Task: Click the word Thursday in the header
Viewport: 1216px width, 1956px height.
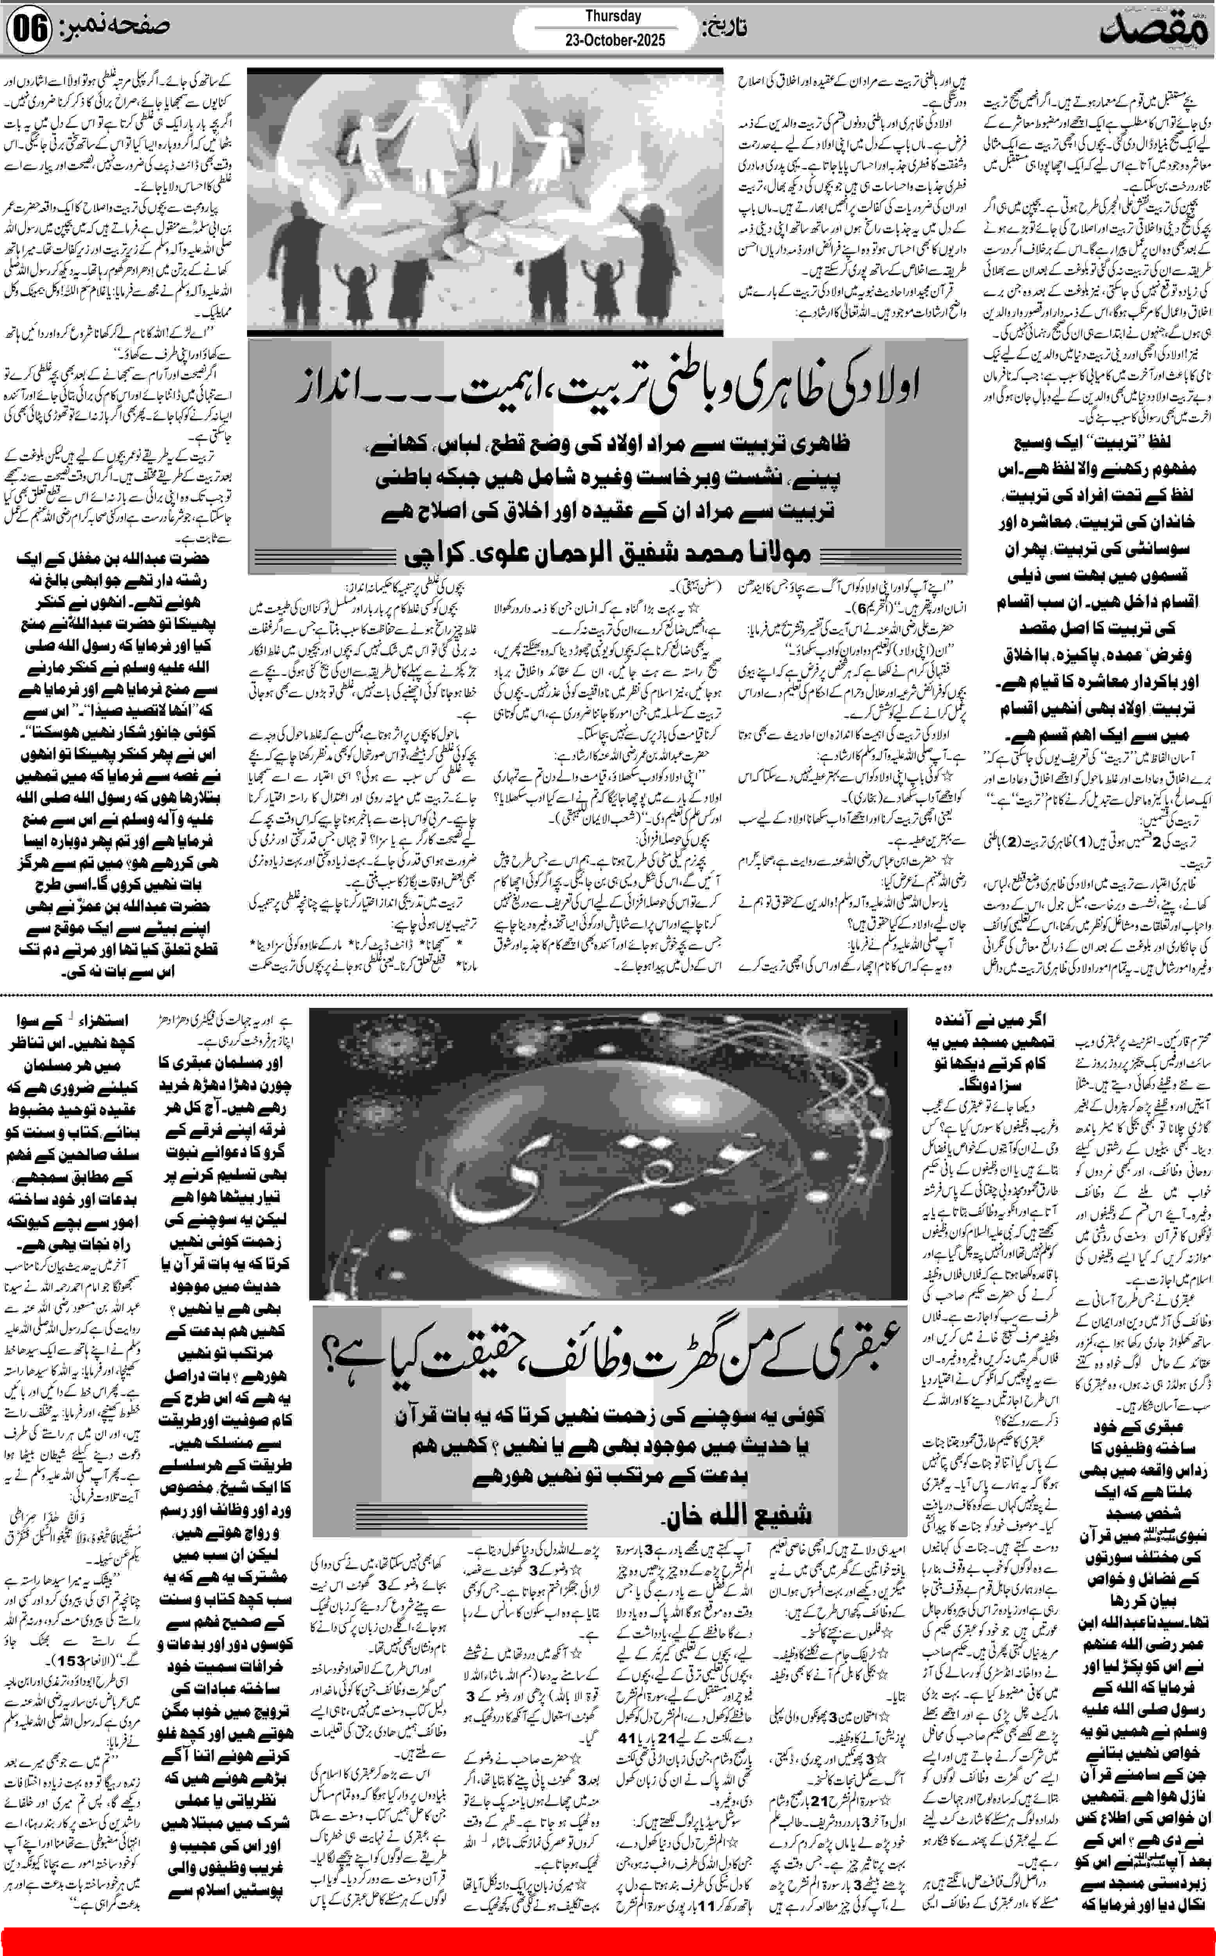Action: click(x=613, y=16)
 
